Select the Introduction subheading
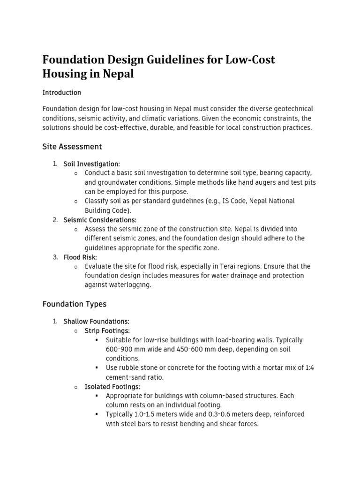tap(62, 92)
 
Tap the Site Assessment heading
tap(72, 147)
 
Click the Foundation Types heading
tap(75, 304)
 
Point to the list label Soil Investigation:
tap(92, 164)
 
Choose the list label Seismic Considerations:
tap(100, 220)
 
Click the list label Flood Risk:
tap(80, 257)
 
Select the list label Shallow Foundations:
tap(96, 322)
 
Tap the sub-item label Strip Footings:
tap(107, 331)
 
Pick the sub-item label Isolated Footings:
tap(112, 387)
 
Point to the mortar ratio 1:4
tap(309, 368)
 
